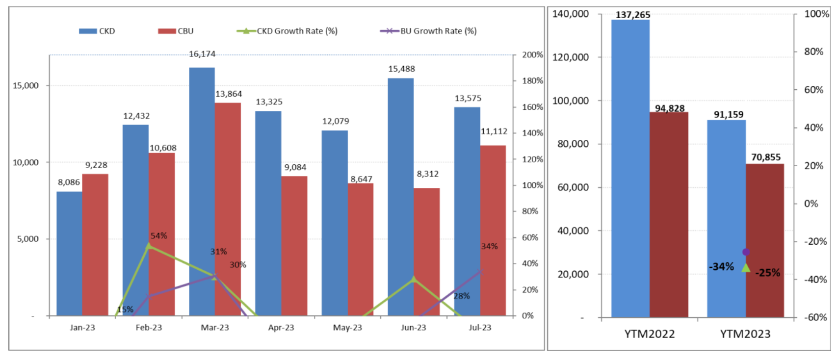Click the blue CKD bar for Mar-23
(202, 191)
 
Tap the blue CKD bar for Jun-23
(400, 196)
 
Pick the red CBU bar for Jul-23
(493, 231)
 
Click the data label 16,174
(202, 54)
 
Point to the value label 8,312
(427, 174)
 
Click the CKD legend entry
(97, 31)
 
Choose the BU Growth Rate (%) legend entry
(428, 31)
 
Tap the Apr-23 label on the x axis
(281, 328)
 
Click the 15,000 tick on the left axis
(26, 86)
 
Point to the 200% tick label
(532, 55)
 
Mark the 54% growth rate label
(158, 236)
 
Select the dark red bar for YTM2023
(764, 240)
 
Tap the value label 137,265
(633, 15)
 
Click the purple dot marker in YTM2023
(746, 252)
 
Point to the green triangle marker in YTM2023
(746, 268)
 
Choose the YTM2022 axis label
(649, 334)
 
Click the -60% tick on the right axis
(815, 317)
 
